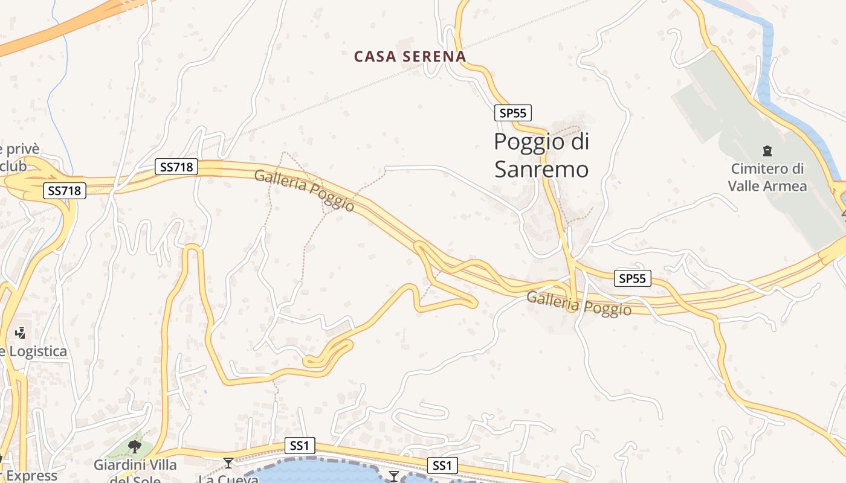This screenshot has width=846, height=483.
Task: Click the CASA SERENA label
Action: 410,57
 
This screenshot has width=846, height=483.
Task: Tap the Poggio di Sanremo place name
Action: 541,155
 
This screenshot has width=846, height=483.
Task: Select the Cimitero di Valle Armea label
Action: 767,177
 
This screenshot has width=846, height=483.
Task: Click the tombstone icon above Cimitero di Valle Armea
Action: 767,150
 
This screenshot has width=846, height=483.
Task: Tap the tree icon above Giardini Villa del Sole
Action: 135,447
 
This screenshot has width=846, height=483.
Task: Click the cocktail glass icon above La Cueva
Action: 228,463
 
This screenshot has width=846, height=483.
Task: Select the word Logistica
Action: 36,351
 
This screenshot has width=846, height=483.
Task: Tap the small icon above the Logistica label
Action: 21,333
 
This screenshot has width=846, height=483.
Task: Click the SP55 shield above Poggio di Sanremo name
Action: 512,113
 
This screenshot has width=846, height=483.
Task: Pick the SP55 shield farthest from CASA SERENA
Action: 633,278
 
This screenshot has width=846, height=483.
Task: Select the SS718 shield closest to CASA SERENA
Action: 176,167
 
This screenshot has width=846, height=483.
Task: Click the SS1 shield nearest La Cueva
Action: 300,446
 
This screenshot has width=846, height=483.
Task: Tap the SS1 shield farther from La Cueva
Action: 442,465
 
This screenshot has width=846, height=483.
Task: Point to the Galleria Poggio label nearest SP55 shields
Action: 579,304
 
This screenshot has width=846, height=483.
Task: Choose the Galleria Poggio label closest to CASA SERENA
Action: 304,190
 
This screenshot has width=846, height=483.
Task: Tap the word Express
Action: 31,476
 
